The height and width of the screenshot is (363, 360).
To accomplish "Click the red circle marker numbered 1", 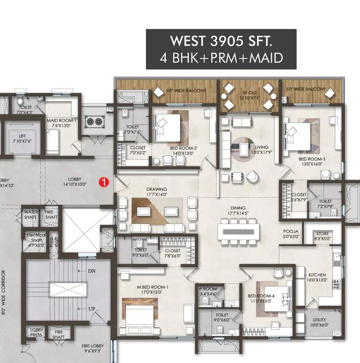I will tap(104, 182).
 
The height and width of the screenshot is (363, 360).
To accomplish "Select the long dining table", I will tap(238, 231).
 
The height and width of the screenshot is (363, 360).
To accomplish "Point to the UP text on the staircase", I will tap(91, 309).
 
